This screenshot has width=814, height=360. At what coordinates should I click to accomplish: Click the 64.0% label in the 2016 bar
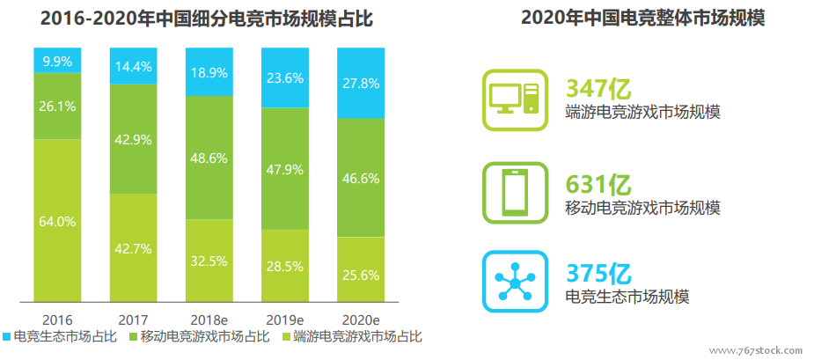tap(56, 222)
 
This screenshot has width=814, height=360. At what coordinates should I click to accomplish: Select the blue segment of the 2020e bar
tap(361, 84)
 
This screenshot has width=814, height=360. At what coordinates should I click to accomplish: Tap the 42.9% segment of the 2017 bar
tap(133, 140)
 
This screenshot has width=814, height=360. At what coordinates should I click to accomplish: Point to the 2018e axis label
tap(209, 318)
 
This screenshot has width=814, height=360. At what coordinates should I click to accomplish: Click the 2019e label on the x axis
tap(284, 318)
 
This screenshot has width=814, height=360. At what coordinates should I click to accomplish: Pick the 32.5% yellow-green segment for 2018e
tap(209, 261)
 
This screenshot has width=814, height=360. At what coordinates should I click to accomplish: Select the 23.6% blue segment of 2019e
tap(284, 77)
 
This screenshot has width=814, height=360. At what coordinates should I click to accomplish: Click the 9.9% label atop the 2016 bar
tap(56, 61)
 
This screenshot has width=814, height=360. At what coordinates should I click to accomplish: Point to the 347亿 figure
tap(598, 88)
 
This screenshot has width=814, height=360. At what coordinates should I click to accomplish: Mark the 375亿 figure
tap(598, 273)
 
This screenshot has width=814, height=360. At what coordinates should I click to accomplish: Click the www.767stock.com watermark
tap(756, 349)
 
